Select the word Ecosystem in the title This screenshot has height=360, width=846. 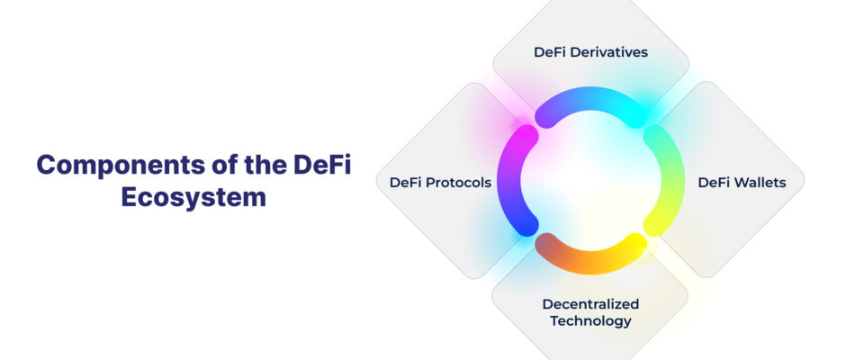point(193,197)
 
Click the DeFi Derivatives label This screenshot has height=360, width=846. point(590,52)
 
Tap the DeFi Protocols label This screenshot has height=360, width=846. point(440,183)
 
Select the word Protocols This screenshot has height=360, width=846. point(459,183)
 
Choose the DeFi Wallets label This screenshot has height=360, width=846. point(742,183)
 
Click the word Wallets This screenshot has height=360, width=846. point(760,183)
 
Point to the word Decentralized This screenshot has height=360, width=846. point(590,304)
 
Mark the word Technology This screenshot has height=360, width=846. point(590,321)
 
